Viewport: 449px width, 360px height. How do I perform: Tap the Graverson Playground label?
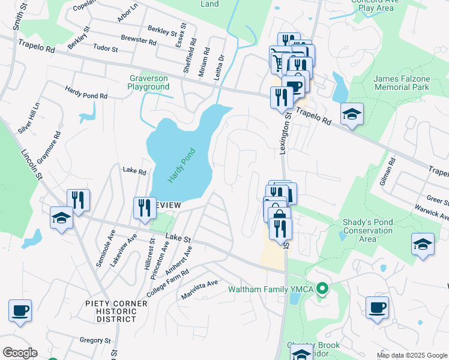(148, 82)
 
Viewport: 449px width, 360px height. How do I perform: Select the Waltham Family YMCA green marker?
(322, 290)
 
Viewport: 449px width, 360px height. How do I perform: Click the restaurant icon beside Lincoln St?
(78, 200)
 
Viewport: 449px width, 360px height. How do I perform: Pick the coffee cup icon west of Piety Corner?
(20, 311)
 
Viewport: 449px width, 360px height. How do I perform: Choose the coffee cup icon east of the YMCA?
(377, 308)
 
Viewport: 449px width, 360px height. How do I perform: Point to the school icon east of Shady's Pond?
(423, 244)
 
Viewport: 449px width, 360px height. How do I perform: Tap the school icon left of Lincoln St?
(61, 218)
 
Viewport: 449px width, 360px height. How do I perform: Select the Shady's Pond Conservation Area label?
(367, 230)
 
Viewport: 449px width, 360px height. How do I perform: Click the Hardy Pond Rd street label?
(86, 92)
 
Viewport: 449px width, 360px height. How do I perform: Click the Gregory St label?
(95, 340)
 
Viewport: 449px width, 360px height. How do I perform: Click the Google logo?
(20, 353)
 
